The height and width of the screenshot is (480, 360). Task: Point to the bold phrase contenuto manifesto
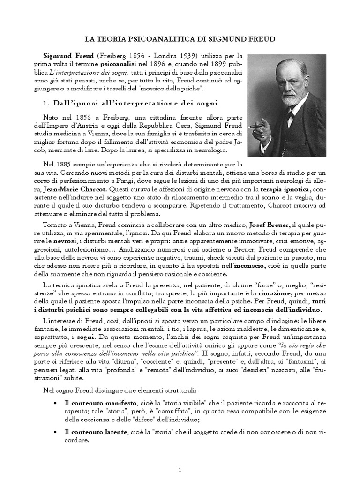tap(105, 403)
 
